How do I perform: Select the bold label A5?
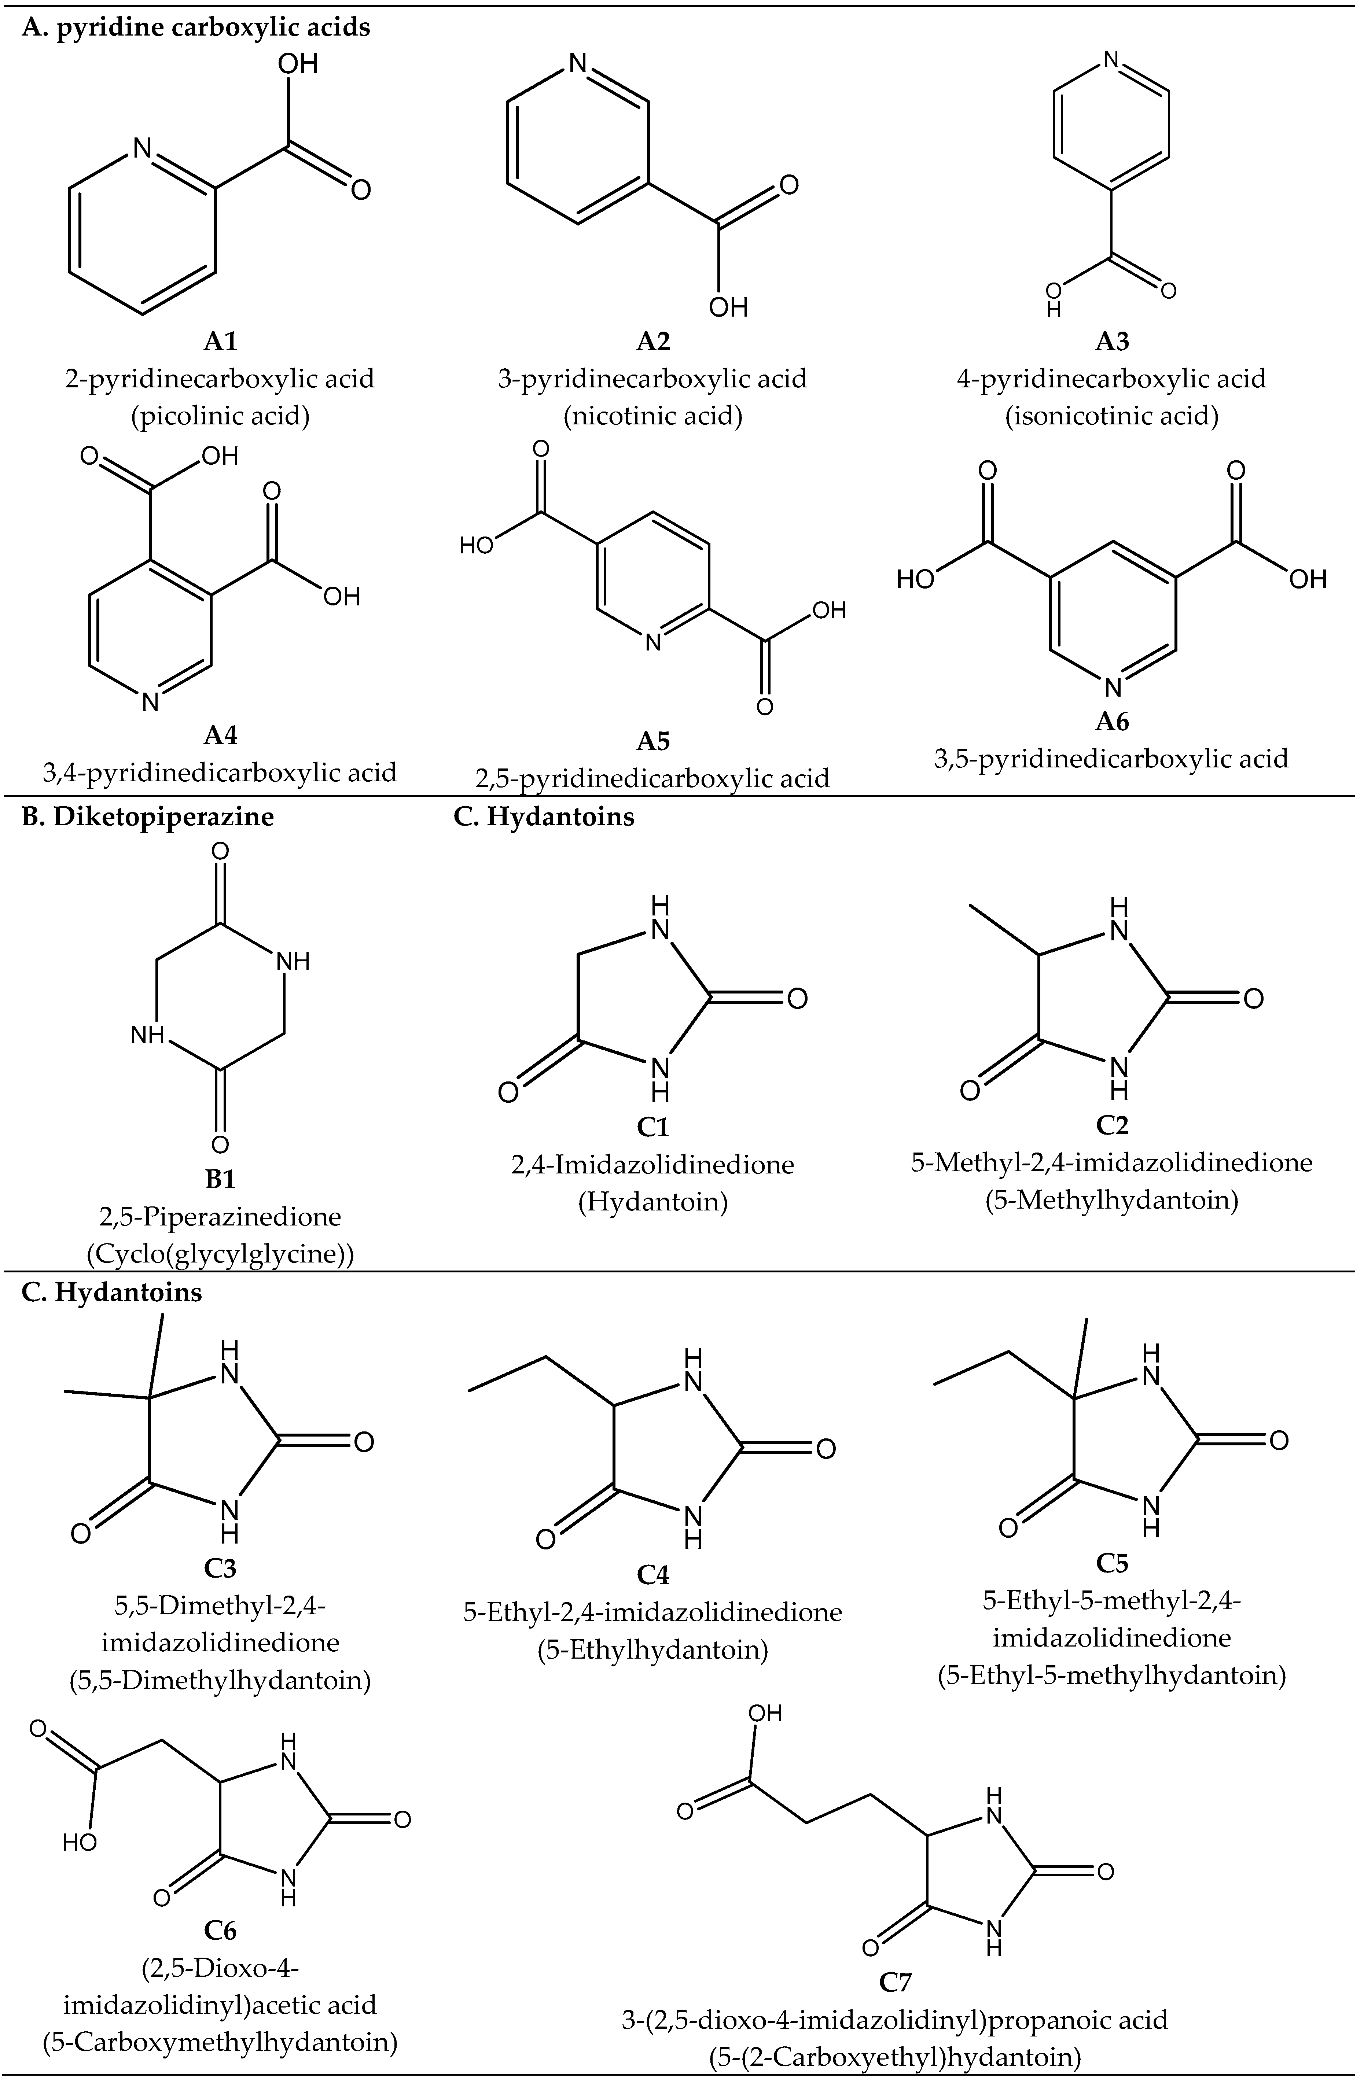click(653, 741)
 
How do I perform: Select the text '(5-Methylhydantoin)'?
click(1112, 1200)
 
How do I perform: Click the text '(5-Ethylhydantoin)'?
click(653, 1651)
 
